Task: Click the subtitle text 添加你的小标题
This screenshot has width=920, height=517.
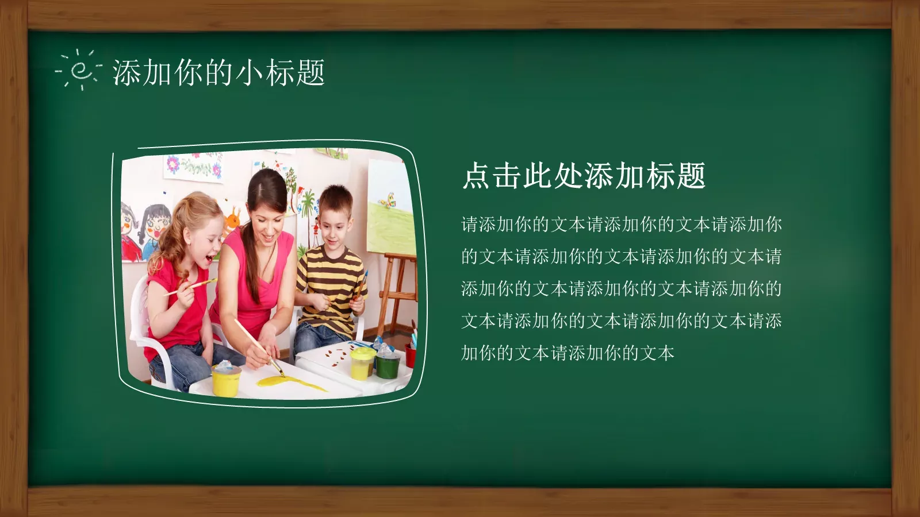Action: coord(218,73)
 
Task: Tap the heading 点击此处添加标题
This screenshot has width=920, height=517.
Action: coord(584,175)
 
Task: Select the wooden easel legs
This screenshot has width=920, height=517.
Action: coord(397,293)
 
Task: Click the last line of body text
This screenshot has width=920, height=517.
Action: coord(568,353)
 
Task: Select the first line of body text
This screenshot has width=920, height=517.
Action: coord(621,224)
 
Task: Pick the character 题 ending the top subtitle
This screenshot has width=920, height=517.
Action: coord(310,73)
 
